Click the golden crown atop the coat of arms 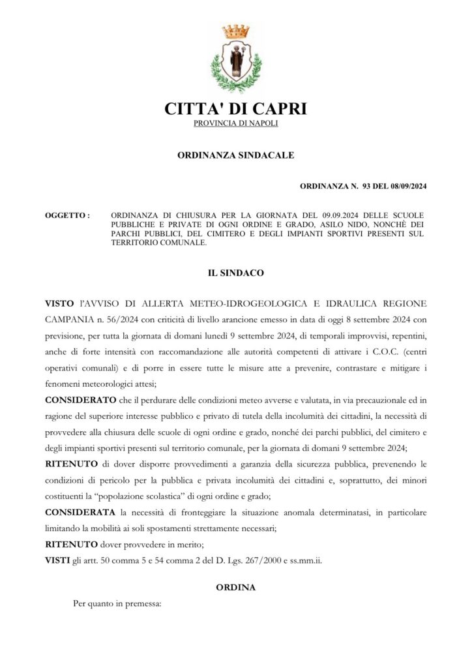click(235, 31)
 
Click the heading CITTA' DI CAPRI click(235, 108)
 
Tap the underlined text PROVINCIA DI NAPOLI click(236, 123)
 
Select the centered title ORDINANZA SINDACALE click(236, 155)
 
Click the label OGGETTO click(67, 215)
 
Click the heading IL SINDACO click(235, 273)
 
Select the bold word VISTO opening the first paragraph click(59, 303)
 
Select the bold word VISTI click(57, 560)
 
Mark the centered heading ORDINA click(235, 587)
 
